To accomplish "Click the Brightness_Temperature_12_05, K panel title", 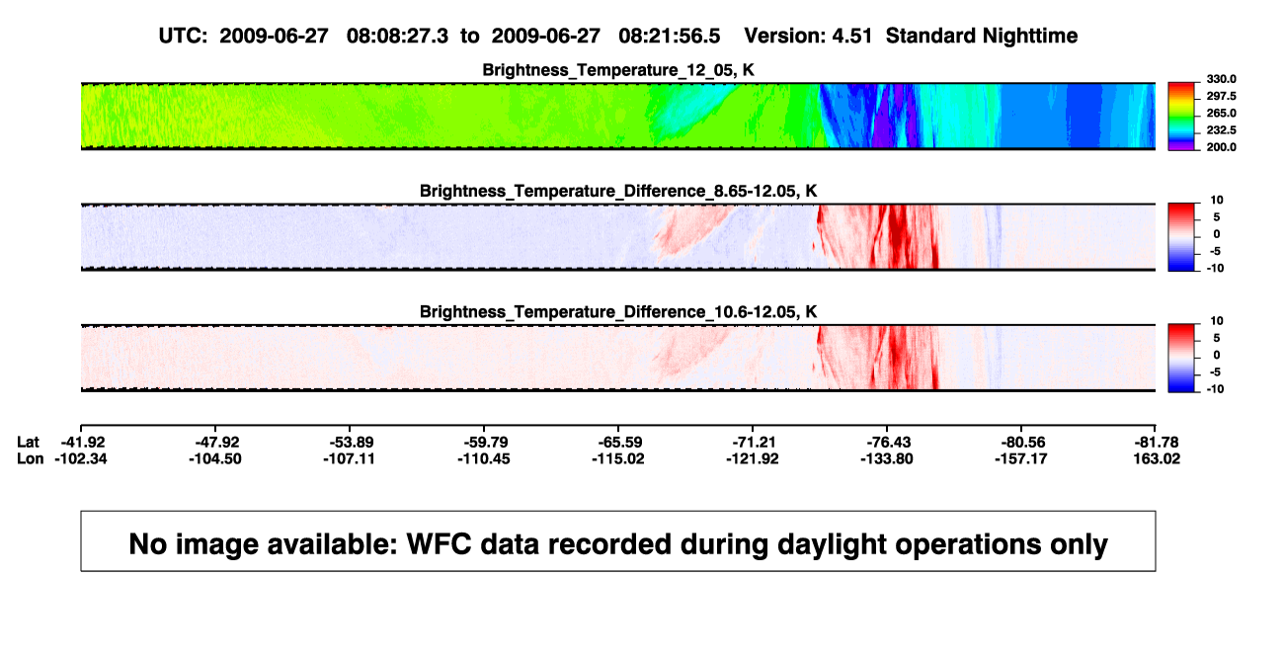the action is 618,70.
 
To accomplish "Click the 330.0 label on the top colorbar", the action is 1221,79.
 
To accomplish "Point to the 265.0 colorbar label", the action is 1221,113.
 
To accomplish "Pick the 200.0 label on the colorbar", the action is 1221,147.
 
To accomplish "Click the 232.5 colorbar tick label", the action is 1221,130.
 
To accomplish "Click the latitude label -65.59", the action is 618,443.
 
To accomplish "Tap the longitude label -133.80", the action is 887,458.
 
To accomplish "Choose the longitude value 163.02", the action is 1157,458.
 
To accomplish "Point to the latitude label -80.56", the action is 1021,443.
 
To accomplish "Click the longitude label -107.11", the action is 349,458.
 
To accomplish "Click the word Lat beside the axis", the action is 28,443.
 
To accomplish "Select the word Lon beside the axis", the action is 30,458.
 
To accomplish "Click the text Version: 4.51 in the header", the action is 808,37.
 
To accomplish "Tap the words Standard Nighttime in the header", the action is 982,37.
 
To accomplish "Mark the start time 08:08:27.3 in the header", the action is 397,37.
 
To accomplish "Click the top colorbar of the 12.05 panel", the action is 1181,117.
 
